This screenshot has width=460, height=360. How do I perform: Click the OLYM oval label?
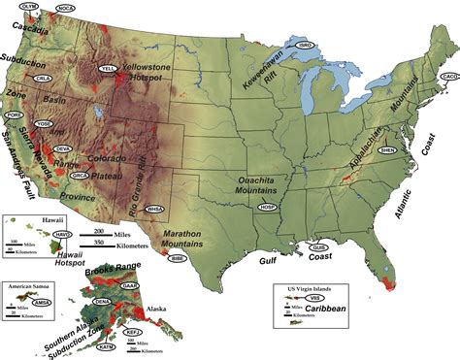[30, 6]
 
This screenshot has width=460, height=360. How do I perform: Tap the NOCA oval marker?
[66, 8]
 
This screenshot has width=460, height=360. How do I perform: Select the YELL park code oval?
[109, 68]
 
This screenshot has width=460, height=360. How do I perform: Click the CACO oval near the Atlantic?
[449, 76]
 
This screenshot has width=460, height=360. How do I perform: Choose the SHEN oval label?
[386, 150]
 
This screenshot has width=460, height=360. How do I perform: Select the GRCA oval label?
[81, 176]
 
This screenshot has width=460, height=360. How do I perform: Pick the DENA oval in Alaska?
[100, 303]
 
